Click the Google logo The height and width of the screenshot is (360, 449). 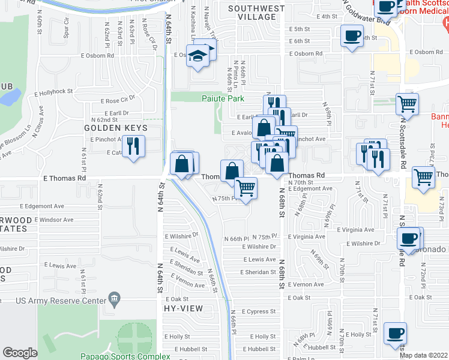20,353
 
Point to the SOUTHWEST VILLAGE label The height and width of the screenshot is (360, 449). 256,13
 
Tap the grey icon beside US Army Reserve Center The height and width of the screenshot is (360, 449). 115,299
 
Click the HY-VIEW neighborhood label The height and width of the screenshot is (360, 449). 183,308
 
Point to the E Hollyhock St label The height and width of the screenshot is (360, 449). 53,92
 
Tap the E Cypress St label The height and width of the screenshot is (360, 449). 259,311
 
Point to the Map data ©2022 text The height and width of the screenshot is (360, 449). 424,355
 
